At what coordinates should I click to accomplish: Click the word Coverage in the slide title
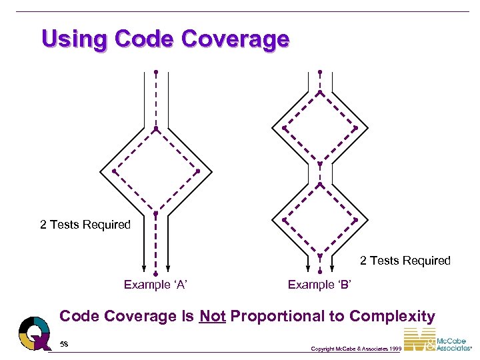coord(235,39)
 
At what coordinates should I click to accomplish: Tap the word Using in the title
coord(74,39)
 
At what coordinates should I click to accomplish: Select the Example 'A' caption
coord(155,285)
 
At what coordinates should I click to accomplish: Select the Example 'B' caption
coord(319,285)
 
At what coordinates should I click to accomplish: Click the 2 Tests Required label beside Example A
coord(85,225)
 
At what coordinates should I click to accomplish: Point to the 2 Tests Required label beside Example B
coord(405,261)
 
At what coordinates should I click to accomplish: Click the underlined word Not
coord(213,317)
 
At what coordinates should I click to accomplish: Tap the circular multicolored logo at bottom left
coord(35,333)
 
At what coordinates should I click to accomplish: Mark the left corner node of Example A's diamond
coord(114,171)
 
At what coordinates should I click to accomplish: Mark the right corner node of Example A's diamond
coord(198,171)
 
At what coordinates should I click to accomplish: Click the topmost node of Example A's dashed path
coord(156,71)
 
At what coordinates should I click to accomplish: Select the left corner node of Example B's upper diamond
coord(284,127)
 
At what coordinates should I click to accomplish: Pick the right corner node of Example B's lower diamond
coord(355,219)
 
